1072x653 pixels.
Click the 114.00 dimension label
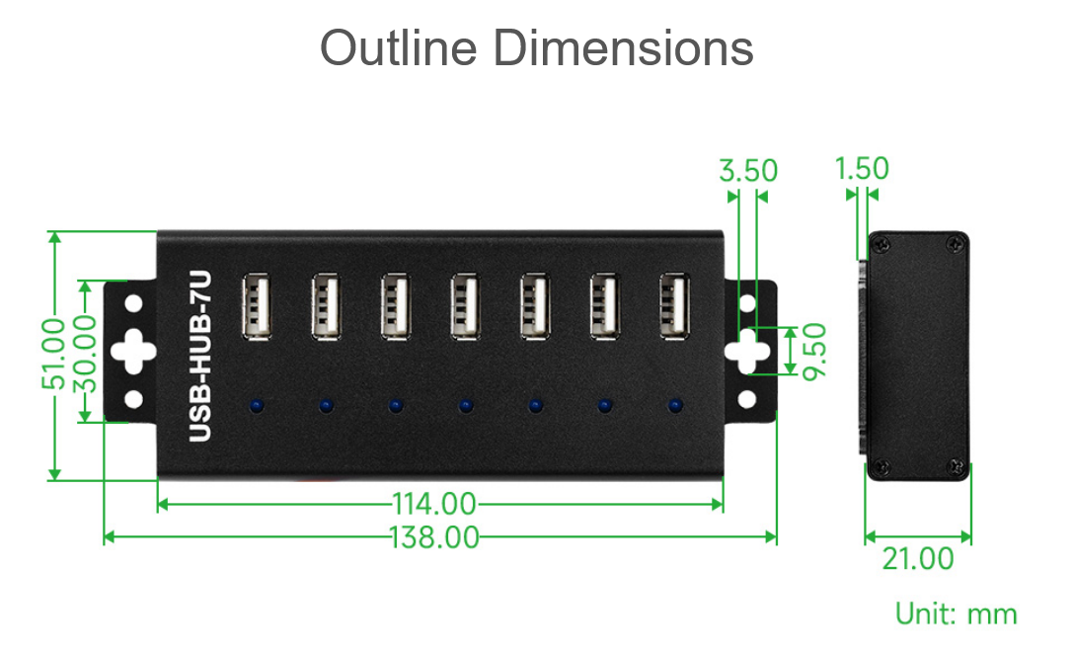[x=434, y=505]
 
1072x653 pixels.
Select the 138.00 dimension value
[x=434, y=537]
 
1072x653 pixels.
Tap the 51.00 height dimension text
[x=53, y=355]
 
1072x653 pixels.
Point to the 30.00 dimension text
[x=85, y=355]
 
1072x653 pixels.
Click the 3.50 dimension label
[x=748, y=171]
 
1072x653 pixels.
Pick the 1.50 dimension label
[x=862, y=168]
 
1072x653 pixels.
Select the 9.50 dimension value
[x=814, y=351]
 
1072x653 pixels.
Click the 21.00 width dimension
[x=918, y=558]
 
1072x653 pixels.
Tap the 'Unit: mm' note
[x=957, y=613]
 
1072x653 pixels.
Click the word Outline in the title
[x=398, y=48]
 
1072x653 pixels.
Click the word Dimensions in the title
[x=623, y=48]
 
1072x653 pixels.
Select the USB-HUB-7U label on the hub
[x=199, y=356]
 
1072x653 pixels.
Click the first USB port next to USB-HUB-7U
[x=257, y=306]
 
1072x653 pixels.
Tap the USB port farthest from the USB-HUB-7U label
[x=674, y=306]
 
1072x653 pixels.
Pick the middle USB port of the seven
[x=465, y=306]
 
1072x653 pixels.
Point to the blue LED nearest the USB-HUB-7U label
[x=257, y=405]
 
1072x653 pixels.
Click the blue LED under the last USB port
[x=675, y=405]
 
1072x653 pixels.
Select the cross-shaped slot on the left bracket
[x=133, y=351]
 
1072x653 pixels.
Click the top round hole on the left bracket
[x=134, y=303]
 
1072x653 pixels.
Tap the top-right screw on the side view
[x=956, y=243]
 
